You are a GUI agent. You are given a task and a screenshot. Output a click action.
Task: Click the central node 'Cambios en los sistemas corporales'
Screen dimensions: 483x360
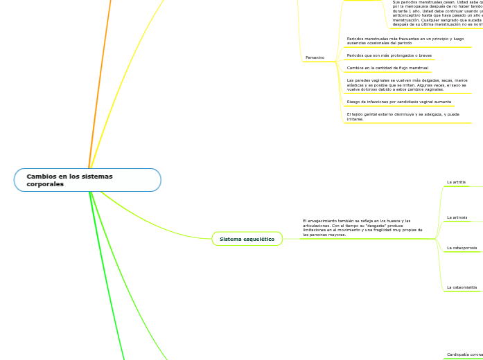click(87, 180)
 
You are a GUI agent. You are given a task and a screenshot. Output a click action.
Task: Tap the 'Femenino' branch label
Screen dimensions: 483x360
click(315, 57)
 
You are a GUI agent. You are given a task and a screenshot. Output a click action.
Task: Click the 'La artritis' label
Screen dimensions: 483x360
click(457, 182)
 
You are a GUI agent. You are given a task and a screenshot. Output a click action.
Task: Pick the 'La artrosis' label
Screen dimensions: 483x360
click(457, 217)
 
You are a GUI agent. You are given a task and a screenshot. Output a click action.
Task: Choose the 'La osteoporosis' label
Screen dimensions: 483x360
click(462, 247)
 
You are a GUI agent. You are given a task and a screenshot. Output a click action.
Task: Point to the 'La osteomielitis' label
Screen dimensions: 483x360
click(462, 287)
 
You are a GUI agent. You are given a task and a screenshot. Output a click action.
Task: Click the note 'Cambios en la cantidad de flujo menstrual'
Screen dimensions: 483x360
click(387, 68)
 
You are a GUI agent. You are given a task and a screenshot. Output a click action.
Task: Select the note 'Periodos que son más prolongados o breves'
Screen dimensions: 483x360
click(389, 55)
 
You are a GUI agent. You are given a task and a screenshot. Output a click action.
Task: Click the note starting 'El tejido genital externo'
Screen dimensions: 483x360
click(403, 116)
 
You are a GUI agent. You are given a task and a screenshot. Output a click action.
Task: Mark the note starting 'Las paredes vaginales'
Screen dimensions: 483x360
click(407, 85)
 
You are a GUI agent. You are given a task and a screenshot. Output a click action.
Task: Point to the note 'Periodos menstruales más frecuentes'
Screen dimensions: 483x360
click(405, 41)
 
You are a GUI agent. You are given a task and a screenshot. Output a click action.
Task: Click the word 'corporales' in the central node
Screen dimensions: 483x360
click(45, 184)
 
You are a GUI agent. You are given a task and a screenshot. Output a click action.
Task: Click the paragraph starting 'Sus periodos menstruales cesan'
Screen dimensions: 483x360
click(437, 13)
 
